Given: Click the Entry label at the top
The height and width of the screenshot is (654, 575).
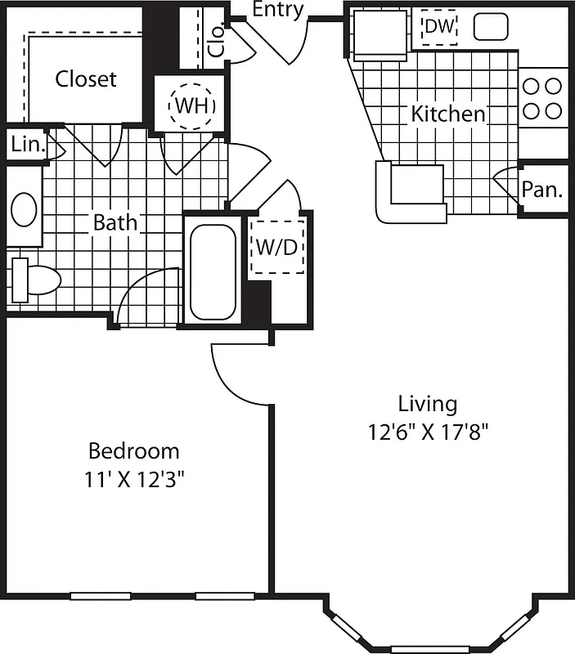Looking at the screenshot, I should (277, 10).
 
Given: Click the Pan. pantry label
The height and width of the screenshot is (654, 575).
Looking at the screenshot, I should (542, 190).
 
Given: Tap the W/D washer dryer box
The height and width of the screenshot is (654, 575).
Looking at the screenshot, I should (276, 246).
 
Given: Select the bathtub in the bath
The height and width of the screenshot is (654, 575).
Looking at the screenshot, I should (213, 272).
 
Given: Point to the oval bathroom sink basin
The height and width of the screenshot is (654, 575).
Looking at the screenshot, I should (24, 209).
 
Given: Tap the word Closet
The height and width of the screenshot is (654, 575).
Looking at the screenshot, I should (86, 79).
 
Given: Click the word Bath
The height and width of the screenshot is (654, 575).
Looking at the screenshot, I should (115, 222).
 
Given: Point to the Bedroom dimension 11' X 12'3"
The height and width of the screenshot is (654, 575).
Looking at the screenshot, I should (133, 478).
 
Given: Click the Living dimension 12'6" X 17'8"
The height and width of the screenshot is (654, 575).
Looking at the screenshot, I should (427, 431).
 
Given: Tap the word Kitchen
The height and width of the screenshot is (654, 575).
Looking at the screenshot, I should (447, 114).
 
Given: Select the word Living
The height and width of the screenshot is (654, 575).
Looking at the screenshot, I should (427, 403).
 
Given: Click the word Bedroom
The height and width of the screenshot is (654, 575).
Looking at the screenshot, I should (133, 450).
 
